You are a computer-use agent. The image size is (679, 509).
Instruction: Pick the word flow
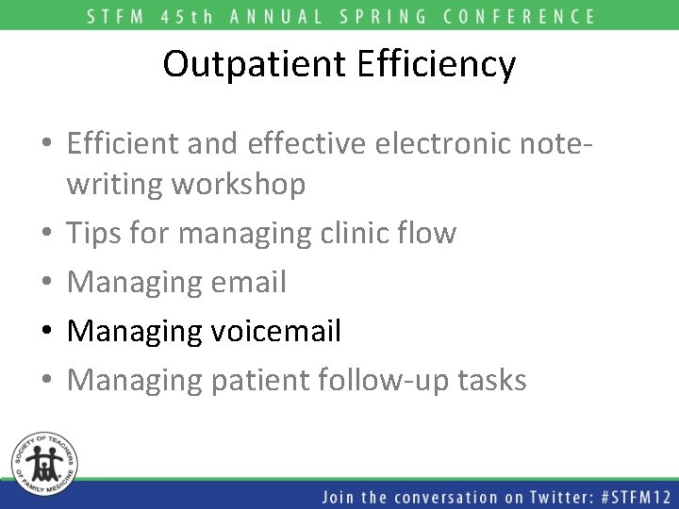click(428, 233)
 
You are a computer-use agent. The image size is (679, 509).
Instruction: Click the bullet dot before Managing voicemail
click(48, 332)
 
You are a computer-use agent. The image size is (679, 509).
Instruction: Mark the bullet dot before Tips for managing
click(48, 234)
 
